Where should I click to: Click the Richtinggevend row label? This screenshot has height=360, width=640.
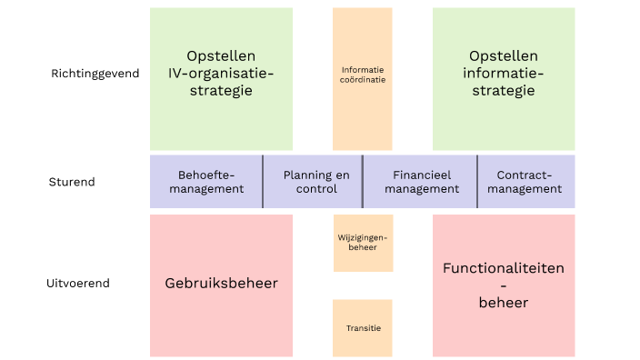click(x=95, y=74)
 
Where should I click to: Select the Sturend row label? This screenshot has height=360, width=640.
click(x=72, y=182)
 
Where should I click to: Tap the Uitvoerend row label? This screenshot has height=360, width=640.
click(x=78, y=283)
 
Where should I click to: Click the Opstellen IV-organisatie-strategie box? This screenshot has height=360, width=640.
click(x=221, y=78)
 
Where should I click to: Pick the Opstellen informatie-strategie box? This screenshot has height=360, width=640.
click(x=504, y=78)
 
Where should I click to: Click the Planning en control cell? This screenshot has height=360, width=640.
click(x=313, y=182)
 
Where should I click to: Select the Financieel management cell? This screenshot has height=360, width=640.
click(x=420, y=182)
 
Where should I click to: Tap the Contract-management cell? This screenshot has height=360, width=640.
click(x=526, y=182)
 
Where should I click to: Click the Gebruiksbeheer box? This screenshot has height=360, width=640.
click(x=221, y=285)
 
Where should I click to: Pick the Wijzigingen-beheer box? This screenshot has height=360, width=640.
click(x=363, y=243)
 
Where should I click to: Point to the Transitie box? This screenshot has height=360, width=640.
click(x=363, y=327)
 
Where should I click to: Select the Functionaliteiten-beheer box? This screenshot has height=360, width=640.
click(x=504, y=285)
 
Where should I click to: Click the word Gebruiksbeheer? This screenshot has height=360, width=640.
click(x=221, y=284)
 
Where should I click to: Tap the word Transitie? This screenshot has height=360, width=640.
click(x=363, y=328)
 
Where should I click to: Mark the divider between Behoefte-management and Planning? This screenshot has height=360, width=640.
click(x=263, y=182)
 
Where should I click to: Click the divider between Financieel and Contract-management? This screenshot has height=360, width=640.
click(x=477, y=182)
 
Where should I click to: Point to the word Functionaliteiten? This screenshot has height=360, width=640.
click(x=504, y=268)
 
